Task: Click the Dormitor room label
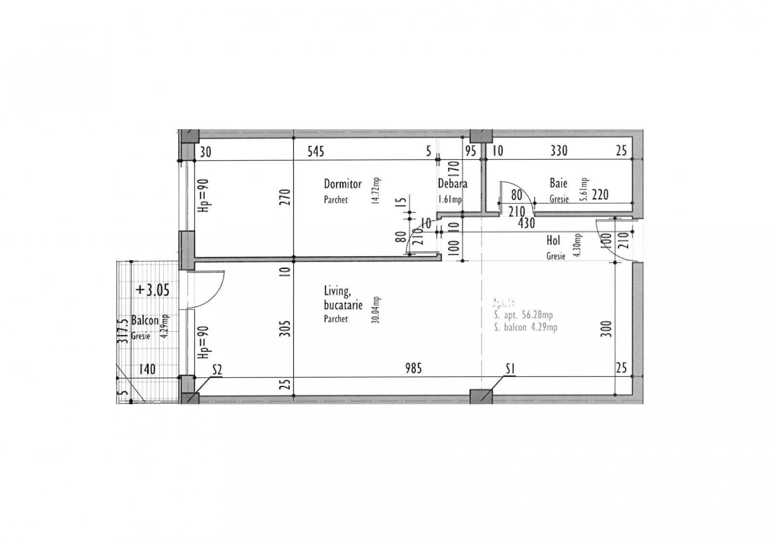tap(342, 184)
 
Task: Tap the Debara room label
tap(452, 183)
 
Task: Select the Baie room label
tap(558, 183)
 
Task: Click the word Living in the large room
tap(336, 291)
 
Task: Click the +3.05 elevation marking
tap(153, 290)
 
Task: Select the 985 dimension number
tap(413, 368)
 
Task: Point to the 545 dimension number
tap(316, 152)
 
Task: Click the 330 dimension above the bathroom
tap(559, 151)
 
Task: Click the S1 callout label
tap(511, 369)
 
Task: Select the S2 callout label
tap(217, 370)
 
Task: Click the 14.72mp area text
tap(376, 191)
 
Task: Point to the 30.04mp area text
tap(376, 310)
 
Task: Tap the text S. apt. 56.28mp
tap(523, 315)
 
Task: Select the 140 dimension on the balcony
tap(147, 369)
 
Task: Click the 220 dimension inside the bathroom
tap(600, 195)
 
